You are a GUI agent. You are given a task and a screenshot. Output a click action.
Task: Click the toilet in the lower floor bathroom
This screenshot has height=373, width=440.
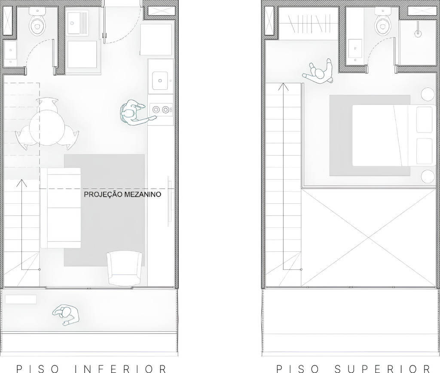[x=37, y=22]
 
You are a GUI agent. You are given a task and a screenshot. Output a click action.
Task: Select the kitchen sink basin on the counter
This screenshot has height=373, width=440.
[x=160, y=80]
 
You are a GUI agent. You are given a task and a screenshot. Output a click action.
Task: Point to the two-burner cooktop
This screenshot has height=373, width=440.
[x=162, y=110]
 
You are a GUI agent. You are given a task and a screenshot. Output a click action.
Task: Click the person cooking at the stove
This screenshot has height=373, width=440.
[x=133, y=113]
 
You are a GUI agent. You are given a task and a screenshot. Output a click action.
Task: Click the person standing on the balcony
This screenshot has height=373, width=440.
[x=66, y=315]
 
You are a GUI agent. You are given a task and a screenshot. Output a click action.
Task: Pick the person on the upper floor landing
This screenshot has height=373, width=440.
[x=319, y=73]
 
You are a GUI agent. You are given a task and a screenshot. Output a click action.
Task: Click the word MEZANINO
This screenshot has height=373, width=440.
[x=143, y=195]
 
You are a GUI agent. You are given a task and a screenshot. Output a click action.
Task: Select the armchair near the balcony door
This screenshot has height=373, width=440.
[x=124, y=269]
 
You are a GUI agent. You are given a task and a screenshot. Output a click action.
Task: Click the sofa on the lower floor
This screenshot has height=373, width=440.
[x=61, y=208]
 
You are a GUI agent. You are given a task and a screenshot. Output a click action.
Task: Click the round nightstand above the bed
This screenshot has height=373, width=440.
[x=428, y=94]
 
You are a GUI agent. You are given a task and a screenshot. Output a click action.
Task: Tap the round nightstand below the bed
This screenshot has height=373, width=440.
[x=428, y=176]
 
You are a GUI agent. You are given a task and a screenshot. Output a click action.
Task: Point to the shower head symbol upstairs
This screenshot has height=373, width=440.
[x=418, y=33]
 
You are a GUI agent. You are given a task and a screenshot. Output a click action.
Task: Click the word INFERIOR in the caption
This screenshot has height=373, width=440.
[x=121, y=369]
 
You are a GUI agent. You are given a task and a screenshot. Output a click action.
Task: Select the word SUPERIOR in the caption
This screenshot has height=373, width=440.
[x=383, y=369]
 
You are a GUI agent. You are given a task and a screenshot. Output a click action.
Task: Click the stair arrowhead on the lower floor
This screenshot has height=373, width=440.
[x=21, y=183]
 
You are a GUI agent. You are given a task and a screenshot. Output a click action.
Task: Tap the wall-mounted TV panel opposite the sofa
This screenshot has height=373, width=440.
[x=169, y=201]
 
